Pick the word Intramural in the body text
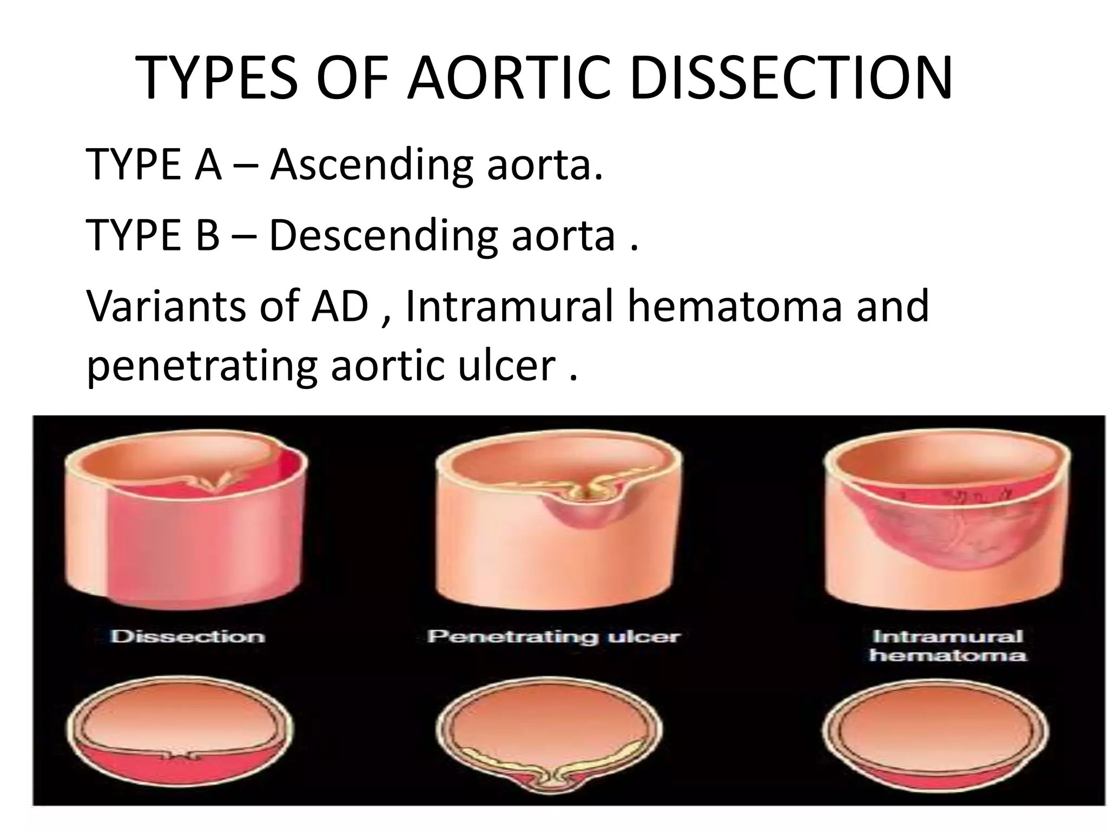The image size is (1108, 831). point(509,306)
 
